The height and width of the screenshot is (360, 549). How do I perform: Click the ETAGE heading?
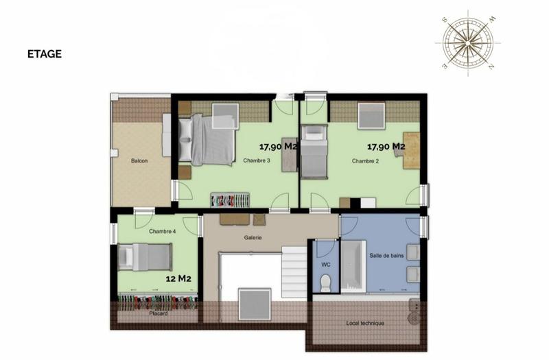45,54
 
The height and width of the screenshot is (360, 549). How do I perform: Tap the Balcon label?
139,162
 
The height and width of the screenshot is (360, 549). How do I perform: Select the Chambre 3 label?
257,162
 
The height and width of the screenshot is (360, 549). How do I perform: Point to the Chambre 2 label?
366,162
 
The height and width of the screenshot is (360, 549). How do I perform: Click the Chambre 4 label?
163,232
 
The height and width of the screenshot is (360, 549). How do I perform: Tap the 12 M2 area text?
178,279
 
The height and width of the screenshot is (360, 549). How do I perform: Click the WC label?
326,264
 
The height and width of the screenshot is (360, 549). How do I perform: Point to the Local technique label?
365,324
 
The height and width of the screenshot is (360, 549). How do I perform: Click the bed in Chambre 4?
145,258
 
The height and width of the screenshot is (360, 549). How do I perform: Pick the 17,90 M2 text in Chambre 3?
277,147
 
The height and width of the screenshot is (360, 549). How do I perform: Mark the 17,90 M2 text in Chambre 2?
386,147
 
